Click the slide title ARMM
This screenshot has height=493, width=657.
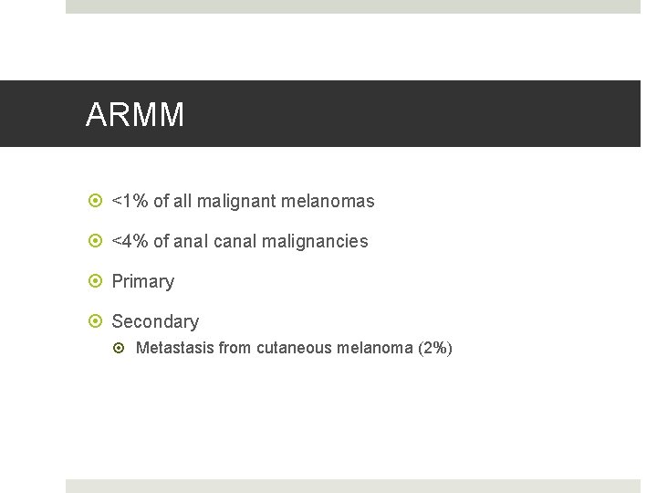coord(135,115)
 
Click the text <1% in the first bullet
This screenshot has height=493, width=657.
coord(130,201)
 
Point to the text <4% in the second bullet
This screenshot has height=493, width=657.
coord(130,242)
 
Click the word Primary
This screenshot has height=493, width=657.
coord(142,282)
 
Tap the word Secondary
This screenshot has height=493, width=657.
coord(155,321)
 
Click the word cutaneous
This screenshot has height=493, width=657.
coord(296,348)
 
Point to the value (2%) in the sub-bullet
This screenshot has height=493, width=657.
coord(434,348)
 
